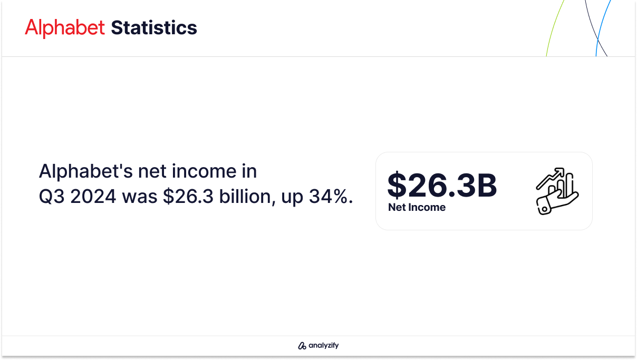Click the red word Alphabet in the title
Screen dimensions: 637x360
[x=65, y=27]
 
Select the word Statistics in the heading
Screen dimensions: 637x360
[x=154, y=27]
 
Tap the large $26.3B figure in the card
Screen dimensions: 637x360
[x=442, y=185]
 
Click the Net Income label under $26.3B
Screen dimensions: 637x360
[x=417, y=207]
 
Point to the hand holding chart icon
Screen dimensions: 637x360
[x=557, y=191]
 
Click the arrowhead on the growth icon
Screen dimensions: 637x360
[x=560, y=171]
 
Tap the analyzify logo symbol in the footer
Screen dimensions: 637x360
[x=302, y=345]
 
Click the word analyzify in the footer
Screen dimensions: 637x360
[x=324, y=345]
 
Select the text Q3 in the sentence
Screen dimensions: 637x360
[x=52, y=197]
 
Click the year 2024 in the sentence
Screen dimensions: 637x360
[x=93, y=197]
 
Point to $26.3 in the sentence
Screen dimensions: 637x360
[x=188, y=197]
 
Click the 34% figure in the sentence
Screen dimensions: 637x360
[x=331, y=197]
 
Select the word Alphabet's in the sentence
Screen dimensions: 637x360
[x=85, y=171]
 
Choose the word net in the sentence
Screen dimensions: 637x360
[x=152, y=172]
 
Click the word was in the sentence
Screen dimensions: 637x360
[x=140, y=197]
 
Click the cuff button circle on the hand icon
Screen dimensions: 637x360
[x=544, y=209]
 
